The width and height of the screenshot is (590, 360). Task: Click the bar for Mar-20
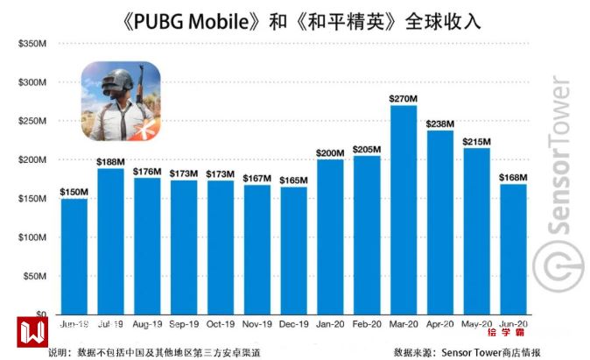point(403,210)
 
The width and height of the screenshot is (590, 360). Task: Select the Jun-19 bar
point(74,256)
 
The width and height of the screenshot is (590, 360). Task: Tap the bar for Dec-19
point(293,251)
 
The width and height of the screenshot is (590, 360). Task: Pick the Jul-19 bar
point(110,241)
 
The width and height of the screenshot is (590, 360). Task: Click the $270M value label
point(403,98)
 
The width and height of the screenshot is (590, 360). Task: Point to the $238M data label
point(439,124)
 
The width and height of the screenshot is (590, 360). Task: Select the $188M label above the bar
point(110,161)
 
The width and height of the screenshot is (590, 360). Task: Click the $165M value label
point(293,180)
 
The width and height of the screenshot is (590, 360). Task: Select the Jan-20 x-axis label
point(330,323)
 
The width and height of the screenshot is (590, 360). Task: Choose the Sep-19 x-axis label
point(183,323)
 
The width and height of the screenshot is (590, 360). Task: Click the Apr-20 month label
point(439,323)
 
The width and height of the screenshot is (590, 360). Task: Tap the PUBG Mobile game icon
point(121,102)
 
